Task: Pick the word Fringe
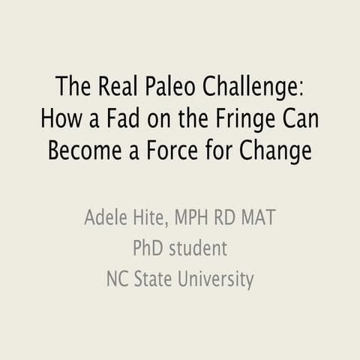pyautogui.click(x=239, y=118)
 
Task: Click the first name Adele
pyautogui.click(x=105, y=220)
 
